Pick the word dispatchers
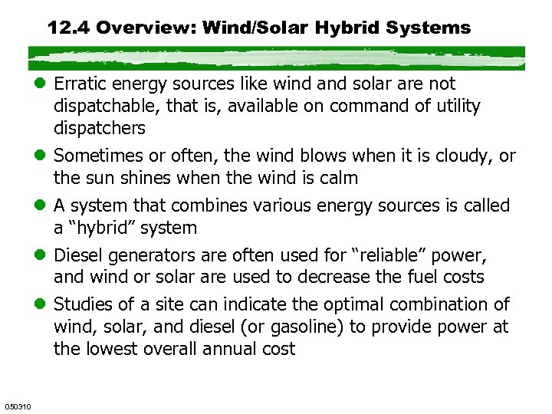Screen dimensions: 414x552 (x=100, y=128)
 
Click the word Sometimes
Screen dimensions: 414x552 (x=97, y=156)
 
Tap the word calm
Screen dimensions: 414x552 (x=340, y=178)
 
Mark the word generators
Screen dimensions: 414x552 (x=149, y=255)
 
